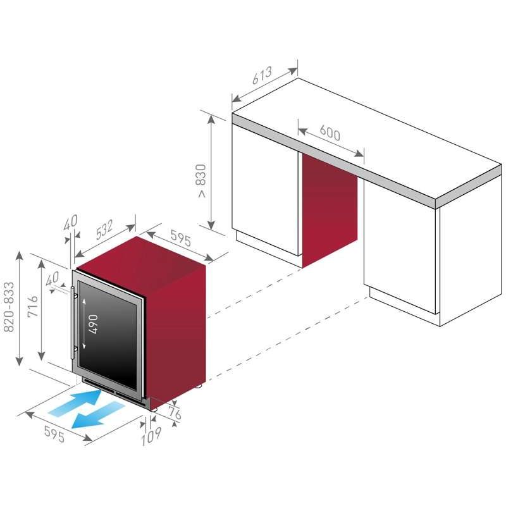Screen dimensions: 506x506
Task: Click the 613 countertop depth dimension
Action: [262, 75]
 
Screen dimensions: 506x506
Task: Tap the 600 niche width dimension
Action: [330, 133]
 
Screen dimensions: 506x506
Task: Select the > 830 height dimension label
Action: [201, 180]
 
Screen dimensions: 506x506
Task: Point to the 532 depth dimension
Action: [104, 230]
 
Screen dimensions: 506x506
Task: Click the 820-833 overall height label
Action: [9, 307]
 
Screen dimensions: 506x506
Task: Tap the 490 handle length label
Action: [92, 324]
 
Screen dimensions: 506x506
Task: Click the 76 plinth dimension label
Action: [175, 414]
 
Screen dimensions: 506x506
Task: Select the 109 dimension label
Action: [151, 436]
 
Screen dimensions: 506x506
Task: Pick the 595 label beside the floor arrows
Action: [54, 434]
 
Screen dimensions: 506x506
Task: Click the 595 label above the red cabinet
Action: [181, 238]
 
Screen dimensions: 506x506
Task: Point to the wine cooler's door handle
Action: [73, 323]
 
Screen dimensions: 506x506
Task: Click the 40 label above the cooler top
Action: [70, 223]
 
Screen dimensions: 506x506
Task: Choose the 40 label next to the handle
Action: [52, 279]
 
